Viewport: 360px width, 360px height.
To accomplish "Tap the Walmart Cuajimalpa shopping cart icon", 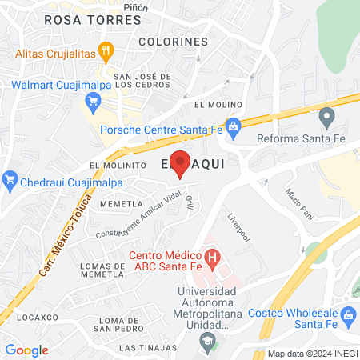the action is pos(93,101).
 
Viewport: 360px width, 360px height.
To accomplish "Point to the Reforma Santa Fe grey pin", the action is pos(326,118).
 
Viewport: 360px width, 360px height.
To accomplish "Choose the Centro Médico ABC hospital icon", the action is pos(212,258).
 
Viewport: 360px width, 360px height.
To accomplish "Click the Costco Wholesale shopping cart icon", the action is pos(348,317).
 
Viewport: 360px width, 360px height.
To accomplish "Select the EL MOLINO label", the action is pos(212,105).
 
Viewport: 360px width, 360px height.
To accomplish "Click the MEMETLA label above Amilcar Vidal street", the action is pos(121,204).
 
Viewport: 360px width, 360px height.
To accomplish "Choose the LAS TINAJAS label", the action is pos(145,348).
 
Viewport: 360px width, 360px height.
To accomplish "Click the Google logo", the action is pos(26,350).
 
